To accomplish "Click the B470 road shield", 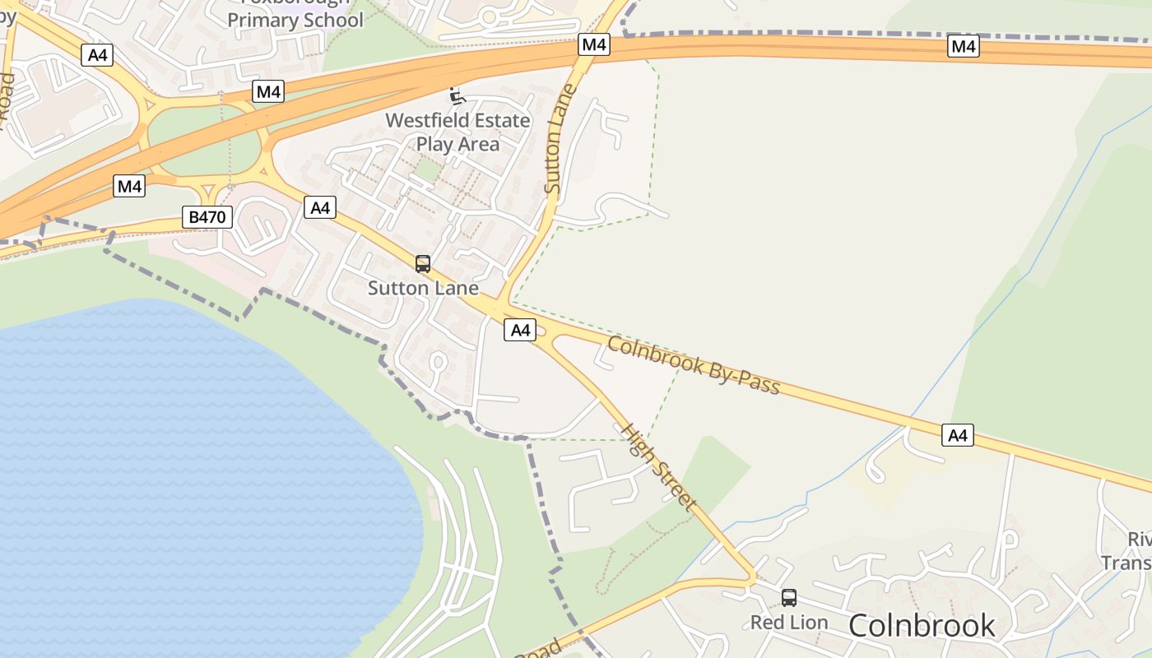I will point(207,218).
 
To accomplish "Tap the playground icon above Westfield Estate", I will point(458,96).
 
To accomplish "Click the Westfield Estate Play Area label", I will point(458,132).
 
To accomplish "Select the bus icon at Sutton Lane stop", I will point(423,264).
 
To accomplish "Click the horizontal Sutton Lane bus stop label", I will point(423,288).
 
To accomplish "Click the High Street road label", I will point(658,467).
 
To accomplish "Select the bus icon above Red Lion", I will point(789,598).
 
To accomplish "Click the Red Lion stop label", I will point(789,623).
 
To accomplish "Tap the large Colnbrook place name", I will point(922,626).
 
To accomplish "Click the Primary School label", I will point(295,20).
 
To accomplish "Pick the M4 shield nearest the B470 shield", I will point(129,186).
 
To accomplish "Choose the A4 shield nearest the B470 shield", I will point(320,207).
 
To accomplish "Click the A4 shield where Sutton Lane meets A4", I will point(520,331).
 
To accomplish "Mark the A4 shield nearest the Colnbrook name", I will point(958,435).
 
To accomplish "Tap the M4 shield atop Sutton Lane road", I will point(593,44).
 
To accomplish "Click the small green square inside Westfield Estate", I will point(426,169).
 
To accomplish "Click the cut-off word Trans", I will point(1126,563).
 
